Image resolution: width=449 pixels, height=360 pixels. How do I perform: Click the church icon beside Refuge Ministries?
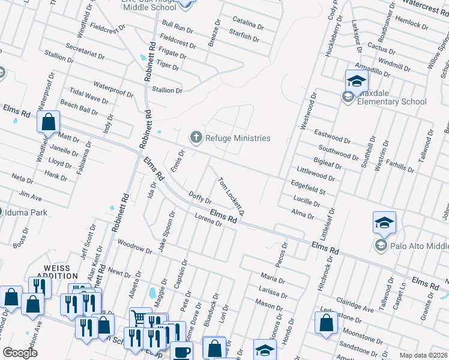coord(195,138)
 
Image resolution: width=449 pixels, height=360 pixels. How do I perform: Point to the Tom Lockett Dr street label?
coord(231,196)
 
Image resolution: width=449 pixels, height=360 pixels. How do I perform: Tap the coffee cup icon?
coord(181,352)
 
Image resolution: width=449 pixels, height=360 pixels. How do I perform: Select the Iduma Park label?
coord(27,212)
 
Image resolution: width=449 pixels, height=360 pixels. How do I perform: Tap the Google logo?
coord(20,352)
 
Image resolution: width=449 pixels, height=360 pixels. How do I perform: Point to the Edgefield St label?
coord(307,187)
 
